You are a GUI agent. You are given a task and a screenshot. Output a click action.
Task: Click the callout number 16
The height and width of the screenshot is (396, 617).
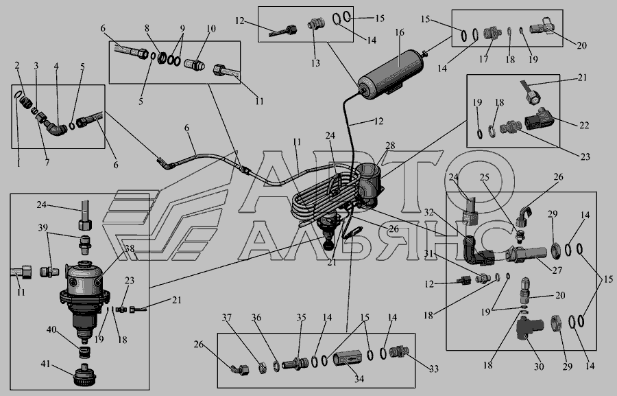click(x=400, y=32)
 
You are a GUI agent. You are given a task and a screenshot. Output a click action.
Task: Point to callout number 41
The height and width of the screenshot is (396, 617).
click(x=46, y=363)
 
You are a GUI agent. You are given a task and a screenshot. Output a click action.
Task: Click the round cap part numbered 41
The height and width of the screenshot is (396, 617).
click(x=84, y=375)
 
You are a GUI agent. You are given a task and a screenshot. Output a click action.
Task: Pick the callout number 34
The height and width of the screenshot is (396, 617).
click(x=359, y=379)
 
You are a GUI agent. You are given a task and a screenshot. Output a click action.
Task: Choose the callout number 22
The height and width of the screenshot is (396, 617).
click(x=584, y=125)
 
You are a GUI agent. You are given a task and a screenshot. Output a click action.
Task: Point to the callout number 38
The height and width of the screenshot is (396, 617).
click(x=130, y=248)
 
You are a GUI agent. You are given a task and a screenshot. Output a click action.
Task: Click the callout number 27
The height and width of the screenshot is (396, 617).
click(x=557, y=270)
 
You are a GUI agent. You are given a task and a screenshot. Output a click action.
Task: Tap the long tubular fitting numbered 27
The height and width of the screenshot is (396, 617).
click(x=526, y=252)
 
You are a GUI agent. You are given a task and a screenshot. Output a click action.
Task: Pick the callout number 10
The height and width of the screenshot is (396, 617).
click(x=211, y=28)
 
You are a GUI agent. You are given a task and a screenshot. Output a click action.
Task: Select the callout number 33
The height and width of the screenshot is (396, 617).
click(x=433, y=369)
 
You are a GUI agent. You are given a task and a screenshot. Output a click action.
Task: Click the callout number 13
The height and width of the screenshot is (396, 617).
click(x=315, y=62)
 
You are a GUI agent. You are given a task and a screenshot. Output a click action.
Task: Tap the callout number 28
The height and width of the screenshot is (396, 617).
click(x=390, y=145)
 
